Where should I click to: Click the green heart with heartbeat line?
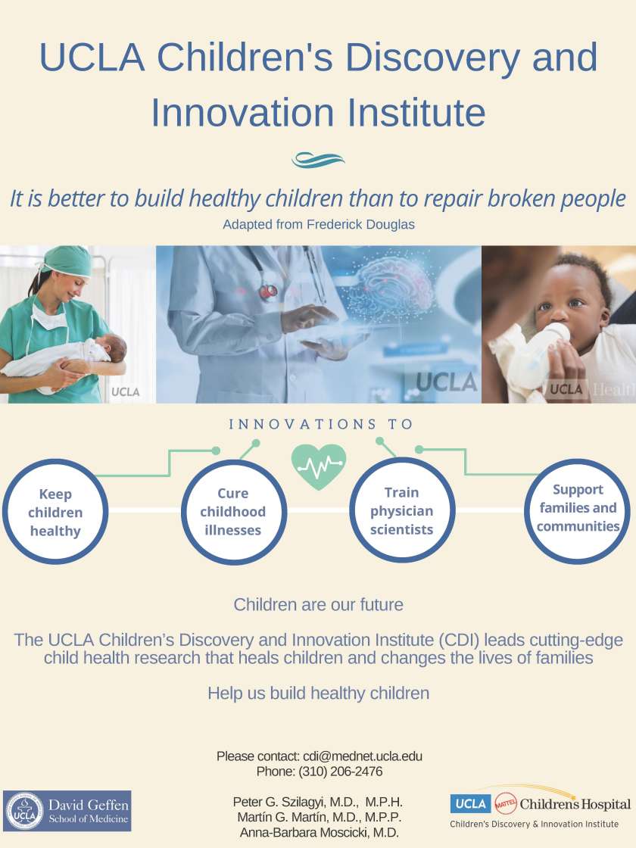(319, 466)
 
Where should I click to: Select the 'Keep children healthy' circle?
(55, 513)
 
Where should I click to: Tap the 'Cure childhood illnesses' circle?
(233, 512)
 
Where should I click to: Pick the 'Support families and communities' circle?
(578, 508)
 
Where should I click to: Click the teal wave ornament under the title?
(318, 160)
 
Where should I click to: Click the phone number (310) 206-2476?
(341, 772)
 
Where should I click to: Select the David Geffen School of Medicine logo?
(67, 811)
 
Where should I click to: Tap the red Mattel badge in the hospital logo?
(505, 804)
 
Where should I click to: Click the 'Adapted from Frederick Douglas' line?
(318, 225)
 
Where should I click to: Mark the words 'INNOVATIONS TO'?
(321, 424)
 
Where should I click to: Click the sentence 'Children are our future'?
(318, 605)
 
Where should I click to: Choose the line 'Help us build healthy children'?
(318, 693)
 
